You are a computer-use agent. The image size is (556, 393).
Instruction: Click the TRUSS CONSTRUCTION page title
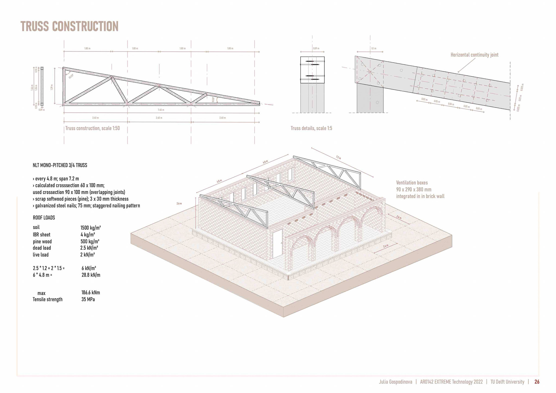point(69,26)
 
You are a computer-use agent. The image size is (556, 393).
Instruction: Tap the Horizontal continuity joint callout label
point(474,55)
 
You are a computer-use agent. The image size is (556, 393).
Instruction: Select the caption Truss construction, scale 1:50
point(92,128)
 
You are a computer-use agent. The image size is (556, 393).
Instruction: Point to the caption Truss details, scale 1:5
point(311,128)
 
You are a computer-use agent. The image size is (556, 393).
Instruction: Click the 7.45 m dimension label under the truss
point(161,110)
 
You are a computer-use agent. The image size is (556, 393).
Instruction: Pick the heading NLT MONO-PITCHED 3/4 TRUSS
point(60,165)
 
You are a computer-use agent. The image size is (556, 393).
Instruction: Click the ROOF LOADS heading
point(44,218)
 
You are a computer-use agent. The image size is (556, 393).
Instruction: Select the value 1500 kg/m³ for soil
point(90,228)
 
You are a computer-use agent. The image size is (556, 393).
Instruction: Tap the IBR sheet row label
point(41,235)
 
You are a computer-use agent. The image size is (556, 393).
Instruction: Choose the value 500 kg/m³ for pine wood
point(90,241)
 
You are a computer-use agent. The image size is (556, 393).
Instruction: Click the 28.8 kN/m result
point(91,275)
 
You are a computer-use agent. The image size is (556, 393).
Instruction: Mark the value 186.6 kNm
point(90,293)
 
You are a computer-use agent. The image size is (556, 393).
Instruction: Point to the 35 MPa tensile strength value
point(88,299)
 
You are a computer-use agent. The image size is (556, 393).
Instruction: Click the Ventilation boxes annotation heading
point(412,183)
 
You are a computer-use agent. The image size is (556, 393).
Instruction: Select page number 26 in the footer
point(537,382)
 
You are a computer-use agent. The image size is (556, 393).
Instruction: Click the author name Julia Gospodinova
point(395,382)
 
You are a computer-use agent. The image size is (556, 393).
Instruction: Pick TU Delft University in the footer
point(507,382)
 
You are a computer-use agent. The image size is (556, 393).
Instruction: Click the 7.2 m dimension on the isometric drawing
point(338,158)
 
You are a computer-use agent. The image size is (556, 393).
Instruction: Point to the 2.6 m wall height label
point(179,204)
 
